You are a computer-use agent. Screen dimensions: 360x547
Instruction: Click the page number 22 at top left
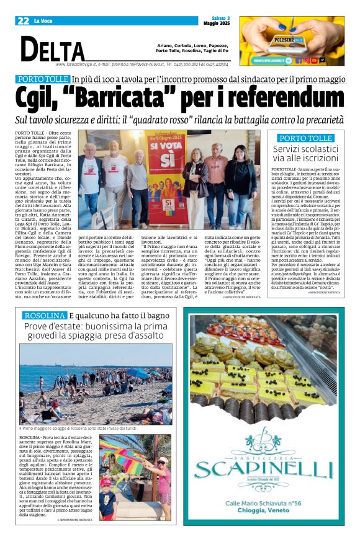[x=24, y=21]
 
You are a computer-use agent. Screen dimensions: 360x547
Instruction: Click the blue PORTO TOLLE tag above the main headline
[x=42, y=79]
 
